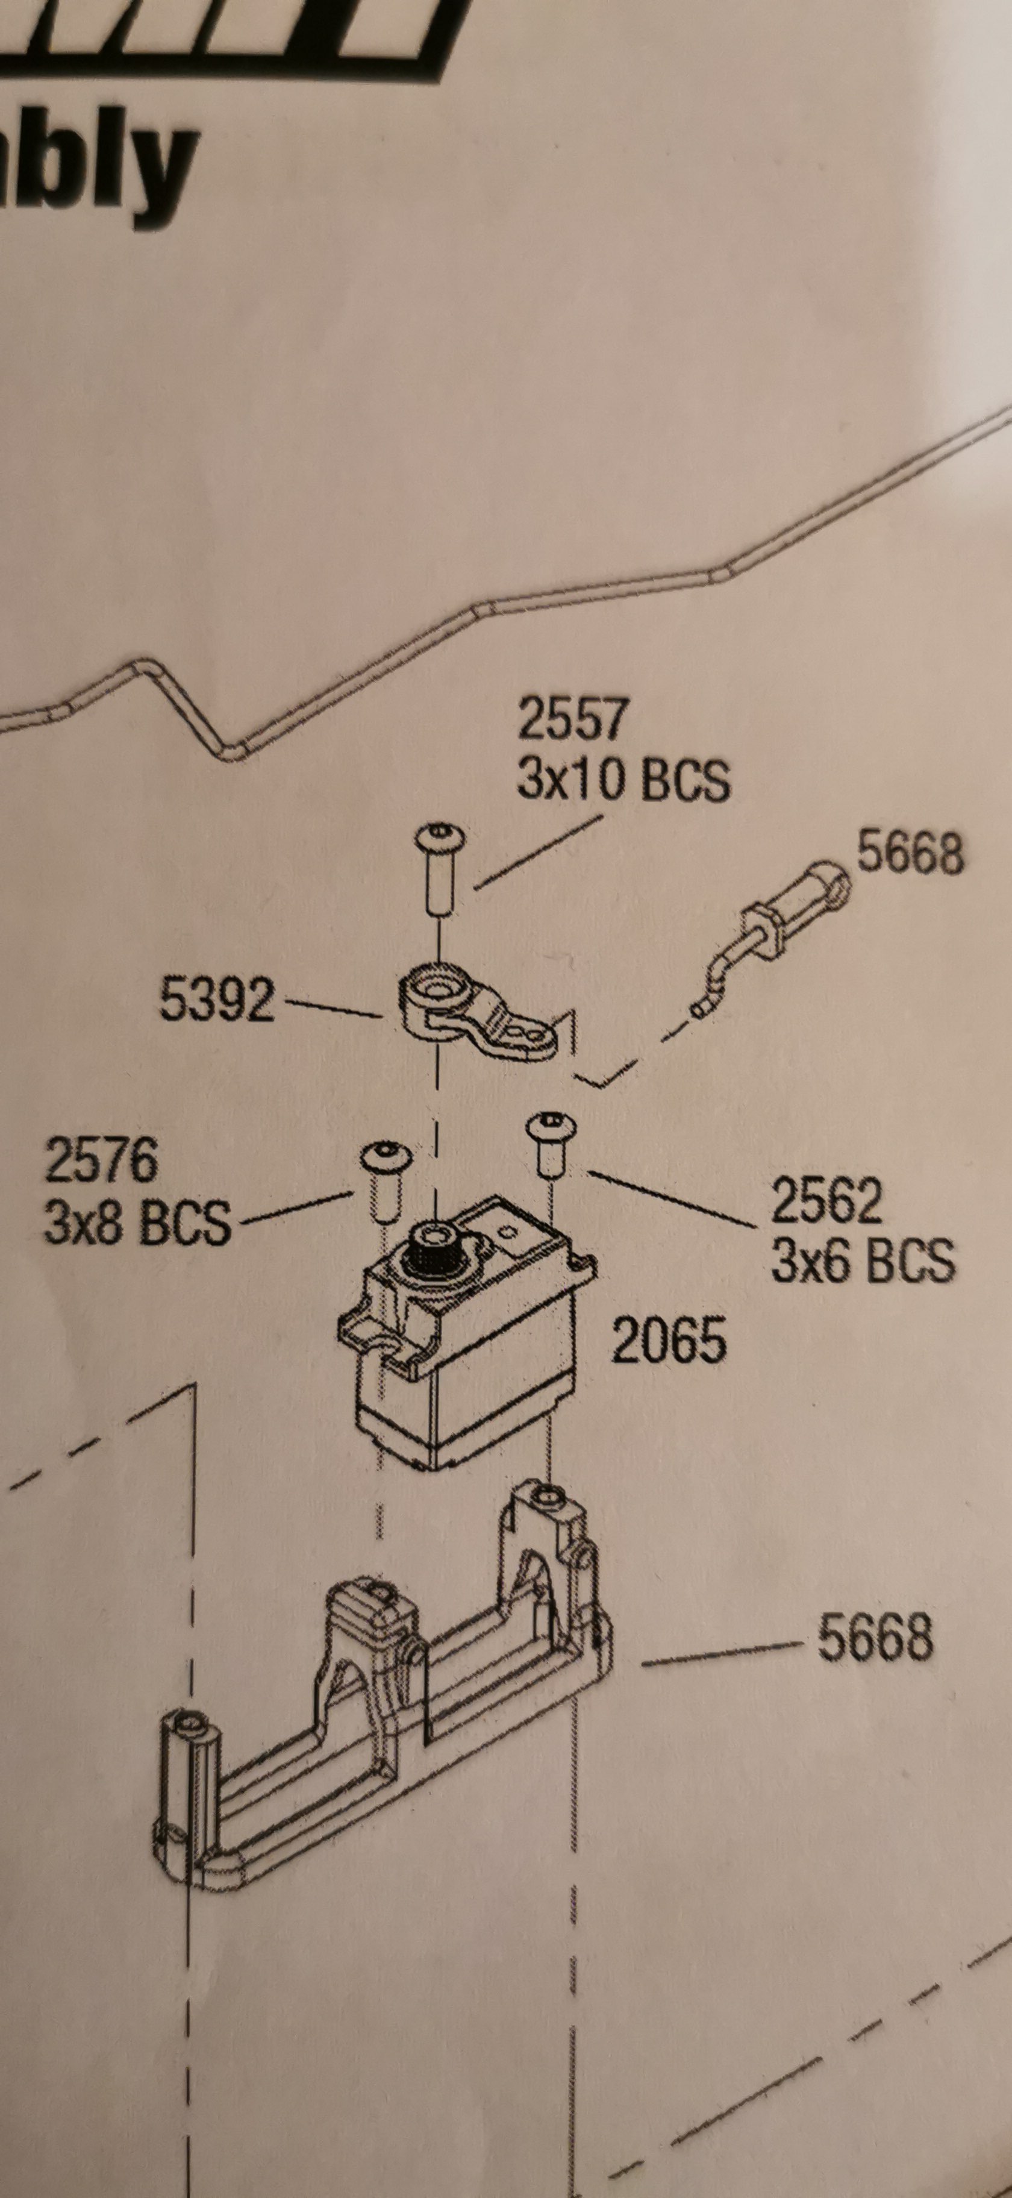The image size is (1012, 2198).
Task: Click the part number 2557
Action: click(x=572, y=719)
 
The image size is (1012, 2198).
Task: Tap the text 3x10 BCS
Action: click(x=623, y=780)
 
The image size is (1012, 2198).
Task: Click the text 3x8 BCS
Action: click(x=137, y=1222)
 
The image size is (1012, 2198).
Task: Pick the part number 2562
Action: click(x=826, y=1200)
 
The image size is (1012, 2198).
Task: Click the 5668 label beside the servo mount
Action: click(x=875, y=1638)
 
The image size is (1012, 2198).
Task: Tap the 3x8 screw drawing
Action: click(x=386, y=1181)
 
